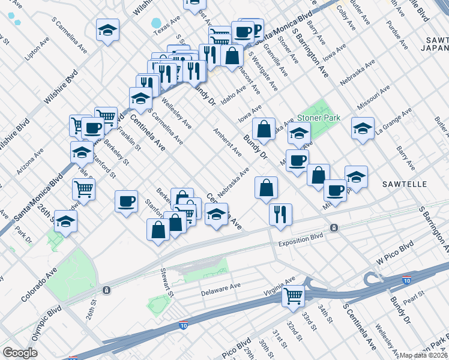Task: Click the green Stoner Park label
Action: [318, 118]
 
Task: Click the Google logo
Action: [20, 353]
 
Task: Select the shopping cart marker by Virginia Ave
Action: [294, 295]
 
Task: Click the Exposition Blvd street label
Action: [301, 244]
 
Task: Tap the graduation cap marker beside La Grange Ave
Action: [363, 128]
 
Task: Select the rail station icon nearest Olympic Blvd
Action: [106, 290]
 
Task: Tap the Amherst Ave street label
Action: [228, 142]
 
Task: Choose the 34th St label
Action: [325, 313]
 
